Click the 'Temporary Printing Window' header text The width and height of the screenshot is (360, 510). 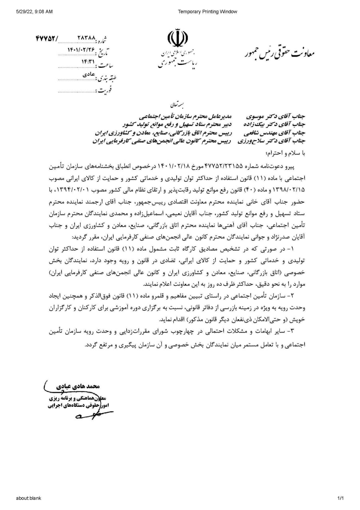[207, 12]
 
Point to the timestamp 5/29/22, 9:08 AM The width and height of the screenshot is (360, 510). [35, 12]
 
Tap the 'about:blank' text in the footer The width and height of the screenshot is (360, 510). [29, 498]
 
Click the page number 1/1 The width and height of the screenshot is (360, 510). [340, 498]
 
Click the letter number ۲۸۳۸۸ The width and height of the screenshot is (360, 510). [87, 39]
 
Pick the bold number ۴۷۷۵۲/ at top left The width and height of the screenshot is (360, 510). [47, 39]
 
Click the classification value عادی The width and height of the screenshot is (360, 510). [89, 74]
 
